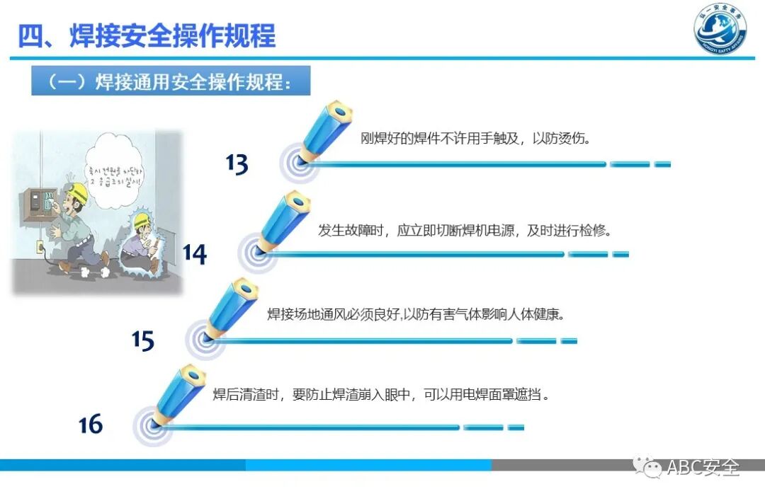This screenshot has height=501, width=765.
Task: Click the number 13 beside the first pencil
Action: point(237,164)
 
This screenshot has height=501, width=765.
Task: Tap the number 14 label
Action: point(194,253)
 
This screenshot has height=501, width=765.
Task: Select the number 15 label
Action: point(142,340)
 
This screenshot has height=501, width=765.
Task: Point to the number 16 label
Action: point(91,424)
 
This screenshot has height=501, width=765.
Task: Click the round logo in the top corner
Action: point(720,32)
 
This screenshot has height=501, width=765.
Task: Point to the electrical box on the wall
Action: point(37,206)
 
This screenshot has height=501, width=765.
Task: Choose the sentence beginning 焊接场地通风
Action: point(415,314)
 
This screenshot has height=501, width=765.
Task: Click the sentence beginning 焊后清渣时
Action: point(381,394)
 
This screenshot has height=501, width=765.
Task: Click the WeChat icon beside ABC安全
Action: point(647,466)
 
